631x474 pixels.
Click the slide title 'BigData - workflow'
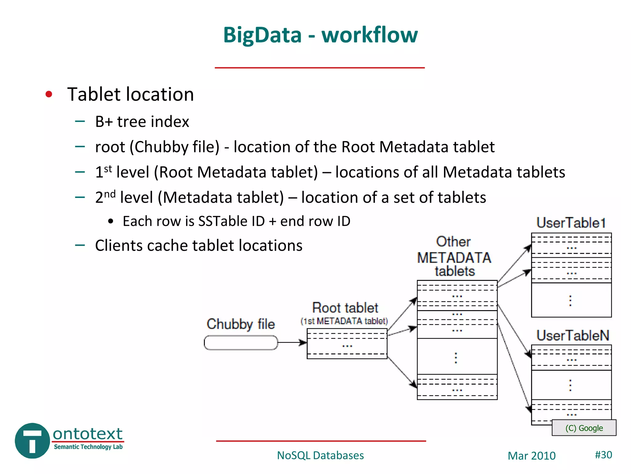(320, 35)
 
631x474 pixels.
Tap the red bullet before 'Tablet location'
(49, 94)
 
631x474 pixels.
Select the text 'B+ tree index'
(142, 122)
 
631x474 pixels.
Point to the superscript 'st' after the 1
(108, 169)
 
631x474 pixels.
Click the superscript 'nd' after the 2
(110, 194)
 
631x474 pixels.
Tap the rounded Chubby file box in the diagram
(241, 343)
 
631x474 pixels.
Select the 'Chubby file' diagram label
(241, 324)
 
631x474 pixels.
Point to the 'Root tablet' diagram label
(345, 308)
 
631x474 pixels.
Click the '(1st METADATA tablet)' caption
(344, 321)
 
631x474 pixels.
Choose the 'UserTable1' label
(571, 222)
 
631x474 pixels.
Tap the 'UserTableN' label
(573, 335)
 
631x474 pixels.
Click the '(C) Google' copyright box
(584, 428)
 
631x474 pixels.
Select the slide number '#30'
(603, 455)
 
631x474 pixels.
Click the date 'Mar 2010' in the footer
(531, 456)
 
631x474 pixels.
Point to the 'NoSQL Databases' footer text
(320, 455)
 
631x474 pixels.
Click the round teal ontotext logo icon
(32, 441)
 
